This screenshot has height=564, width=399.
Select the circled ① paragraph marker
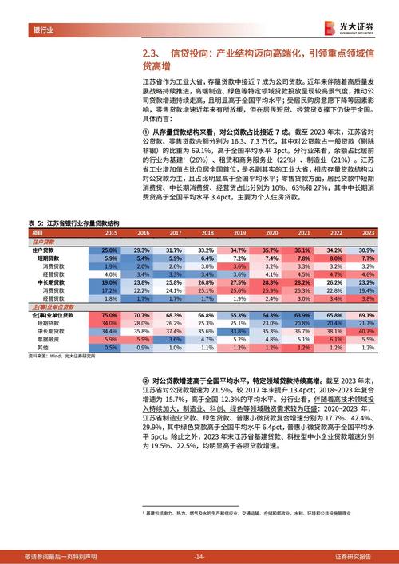(144, 129)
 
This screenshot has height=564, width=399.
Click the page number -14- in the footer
(199, 556)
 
